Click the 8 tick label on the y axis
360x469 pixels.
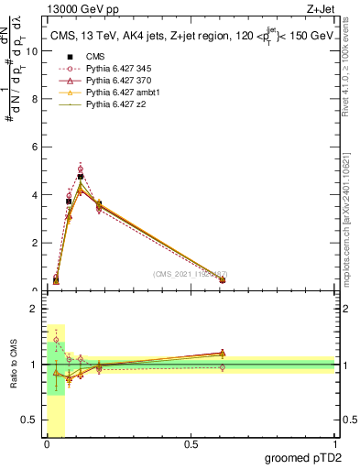[34, 99]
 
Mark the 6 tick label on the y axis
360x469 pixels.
[34, 147]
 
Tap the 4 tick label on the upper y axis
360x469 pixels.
[34, 195]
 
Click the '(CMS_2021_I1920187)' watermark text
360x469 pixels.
[190, 274]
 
